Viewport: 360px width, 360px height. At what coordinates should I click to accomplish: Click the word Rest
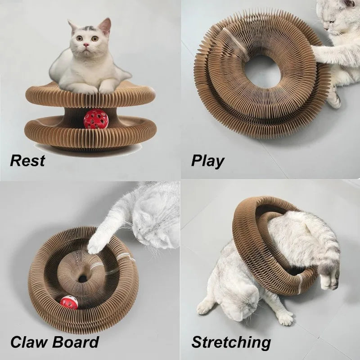pos(27,160)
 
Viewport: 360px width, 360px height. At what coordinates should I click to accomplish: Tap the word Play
pos(207,160)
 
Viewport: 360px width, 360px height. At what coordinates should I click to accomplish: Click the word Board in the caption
pos(76,342)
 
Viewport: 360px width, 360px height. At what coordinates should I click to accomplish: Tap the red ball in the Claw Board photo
pos(69,302)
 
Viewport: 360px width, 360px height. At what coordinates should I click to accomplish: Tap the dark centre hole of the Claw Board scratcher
pos(82,279)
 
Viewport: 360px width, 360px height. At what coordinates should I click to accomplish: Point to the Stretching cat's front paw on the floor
pos(205,306)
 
